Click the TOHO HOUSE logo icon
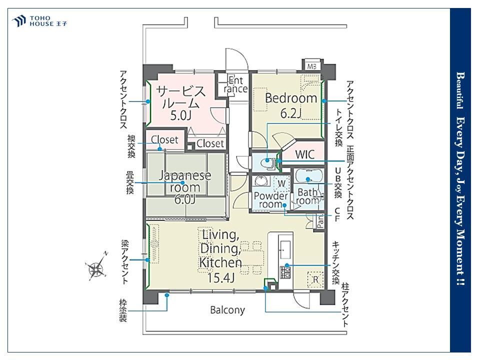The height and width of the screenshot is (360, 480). pos(18,21)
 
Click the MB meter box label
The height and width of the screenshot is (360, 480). pos(311,66)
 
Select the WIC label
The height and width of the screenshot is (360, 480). pos(304,154)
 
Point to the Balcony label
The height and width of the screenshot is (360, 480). pos(227,310)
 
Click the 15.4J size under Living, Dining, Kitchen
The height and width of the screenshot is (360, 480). pos(220,277)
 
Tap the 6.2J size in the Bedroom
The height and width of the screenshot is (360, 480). pos(291,113)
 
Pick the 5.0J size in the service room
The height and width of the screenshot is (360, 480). pos(180,115)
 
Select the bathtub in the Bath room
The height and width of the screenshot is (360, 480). pos(308,176)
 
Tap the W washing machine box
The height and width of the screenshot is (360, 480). pos(281,183)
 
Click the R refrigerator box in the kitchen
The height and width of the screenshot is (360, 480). pos(315,279)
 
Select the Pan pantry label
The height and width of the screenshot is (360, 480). pos(320,221)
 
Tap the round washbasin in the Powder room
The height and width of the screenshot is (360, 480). pos(261,181)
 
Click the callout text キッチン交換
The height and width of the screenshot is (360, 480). pos(336,263)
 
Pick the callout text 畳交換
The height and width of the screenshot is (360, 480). pos(130,182)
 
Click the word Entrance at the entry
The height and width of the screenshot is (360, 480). pos(235,84)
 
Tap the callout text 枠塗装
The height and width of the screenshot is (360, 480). pos(123,310)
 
